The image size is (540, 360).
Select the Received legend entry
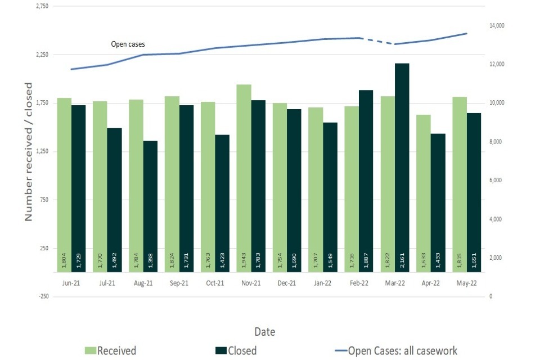[x=111, y=350]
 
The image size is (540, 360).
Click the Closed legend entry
[x=236, y=350]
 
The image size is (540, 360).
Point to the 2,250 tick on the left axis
[x=42, y=55]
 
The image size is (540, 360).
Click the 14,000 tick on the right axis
[x=498, y=26]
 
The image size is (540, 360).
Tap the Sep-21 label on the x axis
[x=179, y=283]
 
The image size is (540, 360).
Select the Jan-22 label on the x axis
[x=322, y=283]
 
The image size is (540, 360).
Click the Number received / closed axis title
[x=29, y=151]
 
